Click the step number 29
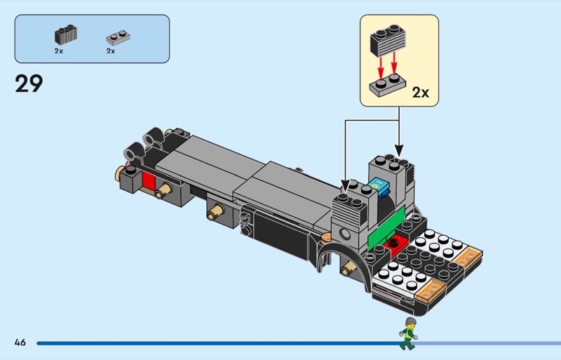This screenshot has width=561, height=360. pyautogui.click(x=29, y=84)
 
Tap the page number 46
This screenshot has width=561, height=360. pyautogui.click(x=20, y=342)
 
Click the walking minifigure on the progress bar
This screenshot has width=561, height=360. pyautogui.click(x=407, y=333)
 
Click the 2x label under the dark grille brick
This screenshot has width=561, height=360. pyautogui.click(x=59, y=51)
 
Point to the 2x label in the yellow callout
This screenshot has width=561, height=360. pyautogui.click(x=420, y=92)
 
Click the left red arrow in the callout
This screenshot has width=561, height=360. pyautogui.click(x=380, y=68)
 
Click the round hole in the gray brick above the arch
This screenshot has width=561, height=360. pyautogui.click(x=344, y=234)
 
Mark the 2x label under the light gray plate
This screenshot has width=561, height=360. pyautogui.click(x=111, y=51)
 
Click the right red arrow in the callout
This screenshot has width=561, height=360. pyautogui.click(x=396, y=68)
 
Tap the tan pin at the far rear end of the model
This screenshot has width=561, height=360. pyautogui.click(x=119, y=171)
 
